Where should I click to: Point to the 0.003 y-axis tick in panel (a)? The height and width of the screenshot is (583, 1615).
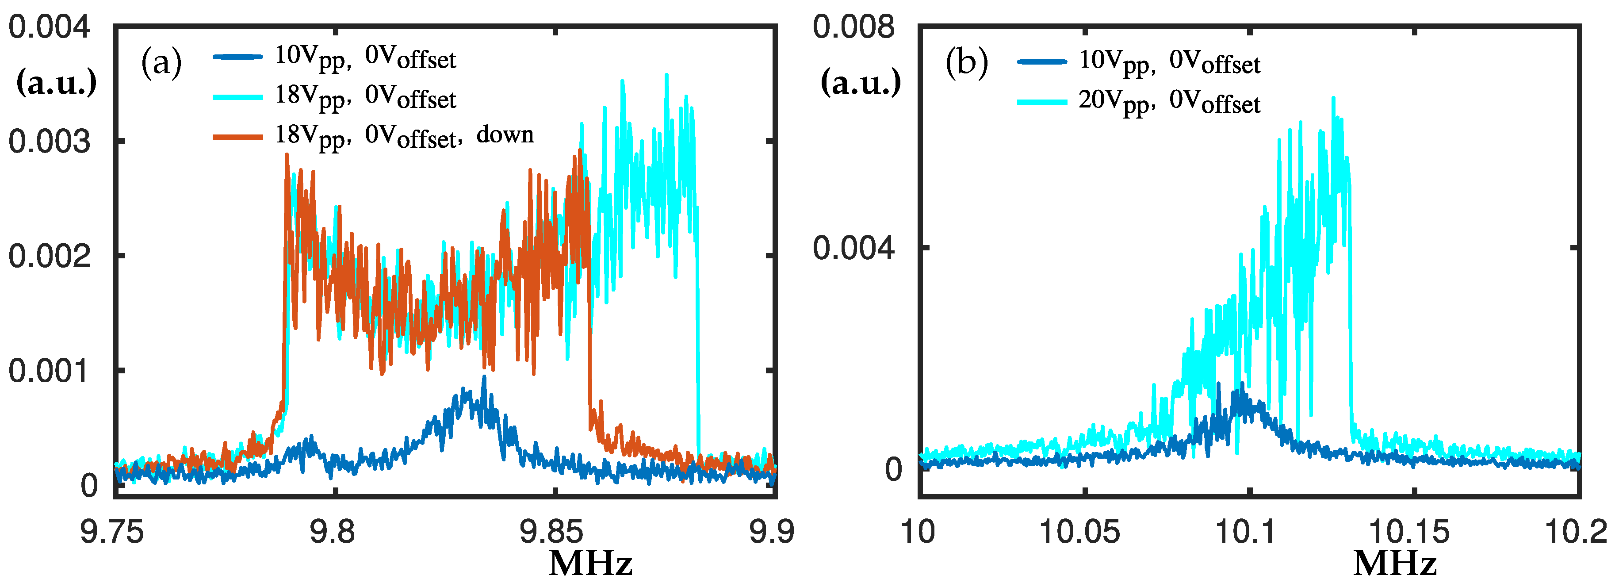[49, 142]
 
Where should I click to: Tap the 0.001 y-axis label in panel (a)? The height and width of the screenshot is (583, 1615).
[49, 371]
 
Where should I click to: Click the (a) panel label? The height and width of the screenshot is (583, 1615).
[161, 63]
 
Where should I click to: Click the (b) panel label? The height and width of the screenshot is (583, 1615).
[966, 63]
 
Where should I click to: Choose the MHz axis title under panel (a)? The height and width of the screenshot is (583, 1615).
[590, 564]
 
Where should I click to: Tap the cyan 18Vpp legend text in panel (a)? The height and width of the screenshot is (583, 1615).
[365, 97]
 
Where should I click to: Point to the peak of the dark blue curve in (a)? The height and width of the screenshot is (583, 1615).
[484, 377]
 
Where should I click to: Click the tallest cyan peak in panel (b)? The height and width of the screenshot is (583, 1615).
[1333, 99]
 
